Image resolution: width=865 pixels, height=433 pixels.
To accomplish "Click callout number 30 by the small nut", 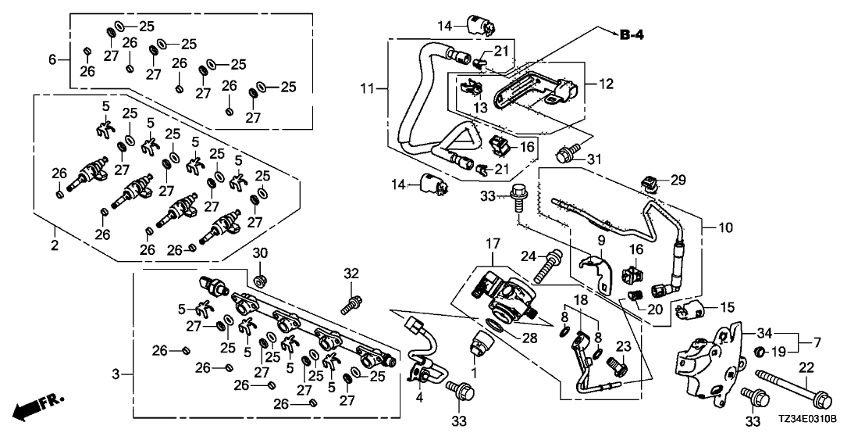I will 260,253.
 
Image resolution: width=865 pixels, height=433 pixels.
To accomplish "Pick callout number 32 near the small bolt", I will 352,273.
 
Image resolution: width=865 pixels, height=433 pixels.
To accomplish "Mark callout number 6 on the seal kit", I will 53,59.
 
